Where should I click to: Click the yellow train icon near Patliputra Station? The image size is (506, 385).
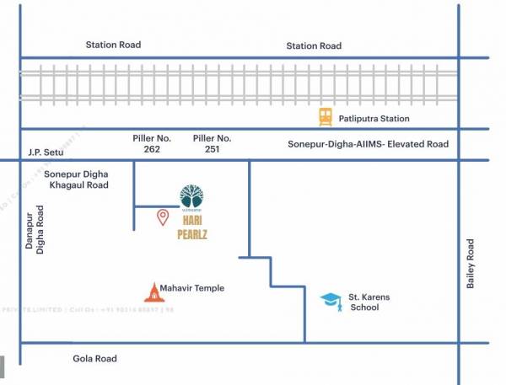(x=326, y=117)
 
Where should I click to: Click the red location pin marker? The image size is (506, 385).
(x=163, y=218)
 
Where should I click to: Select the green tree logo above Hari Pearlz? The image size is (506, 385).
(x=191, y=196)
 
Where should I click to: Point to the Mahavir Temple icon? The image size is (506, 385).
(x=152, y=291)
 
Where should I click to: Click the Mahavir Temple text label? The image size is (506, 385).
(x=192, y=288)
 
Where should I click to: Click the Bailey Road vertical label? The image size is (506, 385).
(x=471, y=265)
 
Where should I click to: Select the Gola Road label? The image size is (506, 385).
(x=94, y=358)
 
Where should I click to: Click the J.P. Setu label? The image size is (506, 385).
(x=46, y=152)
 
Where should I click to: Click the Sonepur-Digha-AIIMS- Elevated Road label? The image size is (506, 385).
(x=369, y=145)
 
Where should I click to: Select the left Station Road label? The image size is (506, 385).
(x=113, y=45)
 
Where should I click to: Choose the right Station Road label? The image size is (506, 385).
(x=314, y=45)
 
